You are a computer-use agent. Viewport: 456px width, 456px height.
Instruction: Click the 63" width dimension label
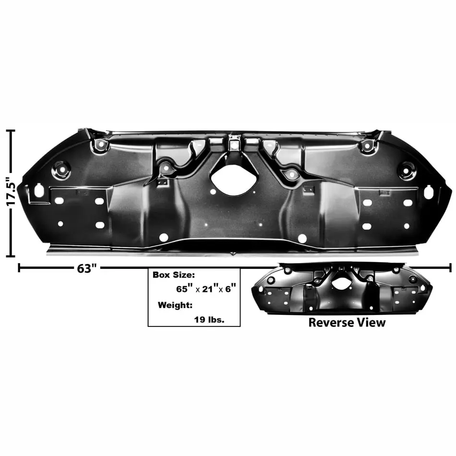[x=87, y=269]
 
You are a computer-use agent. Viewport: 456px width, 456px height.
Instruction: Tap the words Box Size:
[x=174, y=275]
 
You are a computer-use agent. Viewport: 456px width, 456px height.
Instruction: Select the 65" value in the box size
[x=185, y=289]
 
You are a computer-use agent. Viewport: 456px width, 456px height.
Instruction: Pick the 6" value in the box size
[x=230, y=289]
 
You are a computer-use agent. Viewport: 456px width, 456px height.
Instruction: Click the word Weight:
[x=175, y=305]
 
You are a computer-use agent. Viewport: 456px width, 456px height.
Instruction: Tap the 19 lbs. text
[x=209, y=320]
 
